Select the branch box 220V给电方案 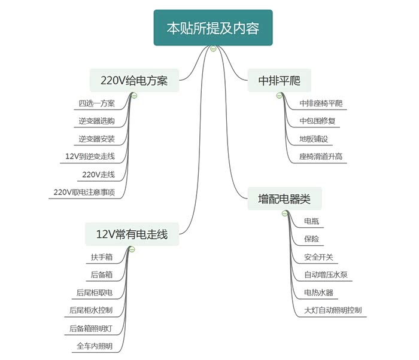click(x=134, y=80)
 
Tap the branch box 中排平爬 click(x=279, y=80)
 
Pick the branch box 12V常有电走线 click(x=132, y=234)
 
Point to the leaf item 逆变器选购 click(x=96, y=121)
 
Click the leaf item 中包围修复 click(x=317, y=121)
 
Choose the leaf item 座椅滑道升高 click(x=321, y=157)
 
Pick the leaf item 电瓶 click(x=311, y=221)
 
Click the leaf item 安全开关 click(x=318, y=257)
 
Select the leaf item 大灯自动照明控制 click(x=333, y=310)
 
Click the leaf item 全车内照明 click(x=94, y=346)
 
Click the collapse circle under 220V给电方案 click(x=134, y=95)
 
